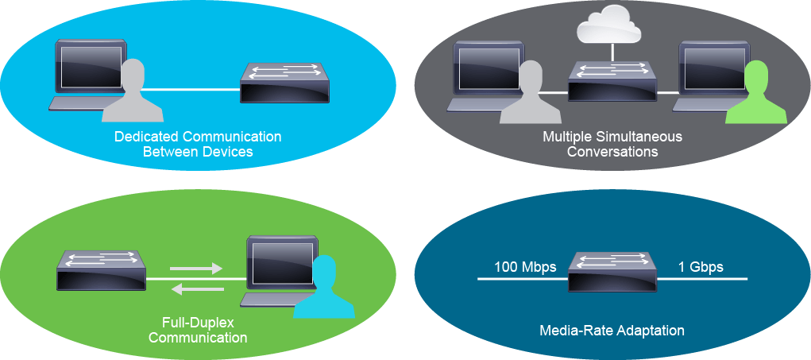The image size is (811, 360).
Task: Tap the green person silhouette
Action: (755, 93)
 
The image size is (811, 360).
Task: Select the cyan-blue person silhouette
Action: (324, 287)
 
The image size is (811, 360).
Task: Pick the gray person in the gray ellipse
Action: (531, 93)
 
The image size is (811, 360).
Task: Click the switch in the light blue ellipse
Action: (284, 83)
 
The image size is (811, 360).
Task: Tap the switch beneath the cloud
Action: (612, 81)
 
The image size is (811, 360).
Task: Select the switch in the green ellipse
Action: (102, 271)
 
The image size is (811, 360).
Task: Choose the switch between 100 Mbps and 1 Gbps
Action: (612, 271)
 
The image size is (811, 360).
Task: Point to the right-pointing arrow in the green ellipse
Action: (195, 269)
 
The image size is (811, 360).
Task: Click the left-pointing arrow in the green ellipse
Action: (197, 288)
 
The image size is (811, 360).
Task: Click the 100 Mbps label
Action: (526, 267)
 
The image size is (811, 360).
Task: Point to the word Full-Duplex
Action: (198, 323)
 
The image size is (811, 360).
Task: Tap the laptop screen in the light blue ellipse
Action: (91, 66)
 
